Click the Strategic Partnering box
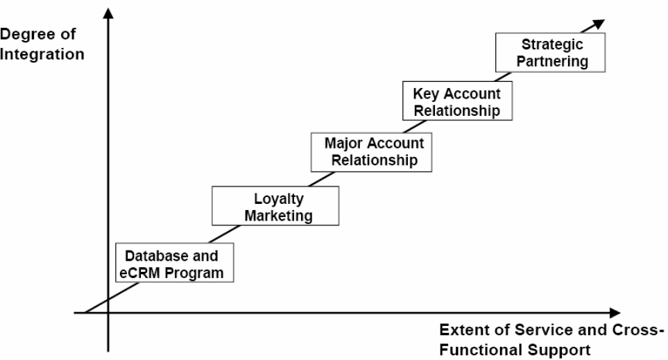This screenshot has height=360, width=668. (x=551, y=53)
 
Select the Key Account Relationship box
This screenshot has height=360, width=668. (x=456, y=101)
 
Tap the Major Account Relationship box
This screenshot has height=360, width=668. (x=374, y=152)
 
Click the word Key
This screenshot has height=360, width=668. (x=425, y=94)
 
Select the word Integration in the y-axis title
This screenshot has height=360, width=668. (x=42, y=53)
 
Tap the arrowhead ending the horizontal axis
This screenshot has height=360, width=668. (x=614, y=313)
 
